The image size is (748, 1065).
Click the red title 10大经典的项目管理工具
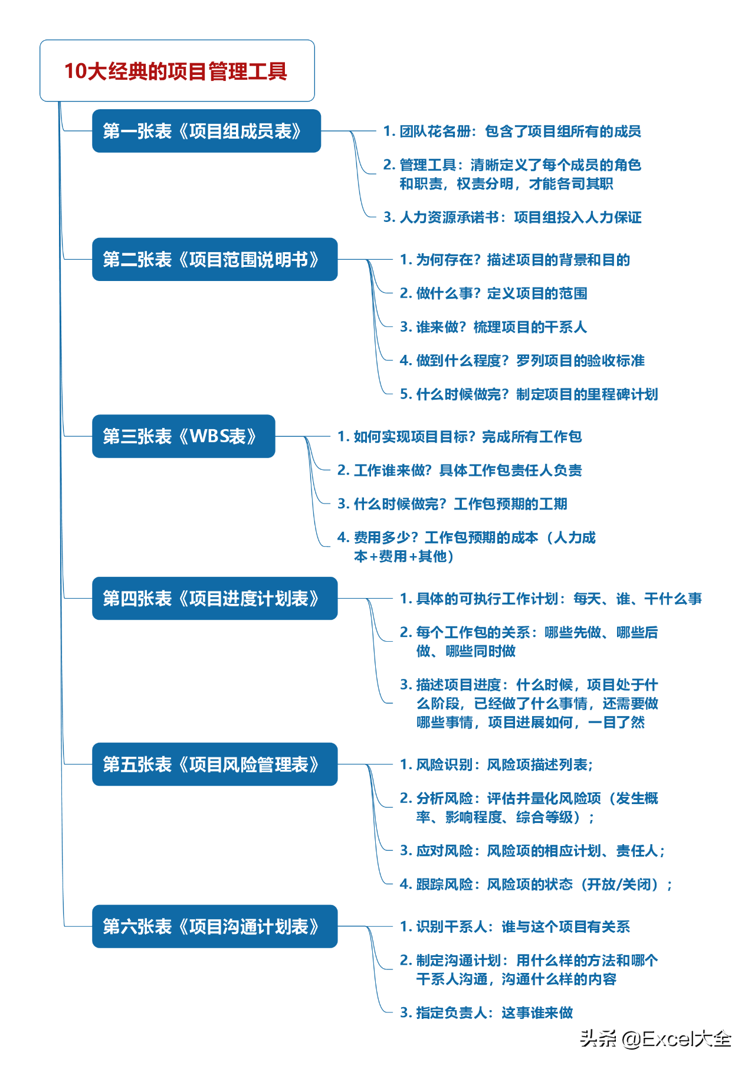point(176,71)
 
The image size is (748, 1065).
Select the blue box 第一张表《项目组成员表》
point(206,131)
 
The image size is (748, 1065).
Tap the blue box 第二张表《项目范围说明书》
point(215,259)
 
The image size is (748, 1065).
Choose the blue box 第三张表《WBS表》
point(183,436)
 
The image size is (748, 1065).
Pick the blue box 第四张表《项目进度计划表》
point(215,599)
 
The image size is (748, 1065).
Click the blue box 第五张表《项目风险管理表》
point(215,765)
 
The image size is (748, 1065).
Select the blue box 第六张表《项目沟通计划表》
point(215,927)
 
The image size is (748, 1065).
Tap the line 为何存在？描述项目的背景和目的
point(515,260)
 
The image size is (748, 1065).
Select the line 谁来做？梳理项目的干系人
point(493,327)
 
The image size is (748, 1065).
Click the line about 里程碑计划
point(529,394)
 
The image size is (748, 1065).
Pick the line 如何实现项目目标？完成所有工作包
point(460,437)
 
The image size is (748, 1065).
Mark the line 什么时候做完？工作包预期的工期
point(452,504)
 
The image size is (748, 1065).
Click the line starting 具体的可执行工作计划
point(551,599)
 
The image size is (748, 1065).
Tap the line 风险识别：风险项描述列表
point(496,765)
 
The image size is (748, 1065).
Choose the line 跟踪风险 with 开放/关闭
point(536,884)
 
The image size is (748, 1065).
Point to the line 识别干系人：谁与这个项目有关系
point(515,927)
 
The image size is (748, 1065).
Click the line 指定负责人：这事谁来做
point(486,1013)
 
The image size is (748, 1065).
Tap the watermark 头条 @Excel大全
point(655,1038)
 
